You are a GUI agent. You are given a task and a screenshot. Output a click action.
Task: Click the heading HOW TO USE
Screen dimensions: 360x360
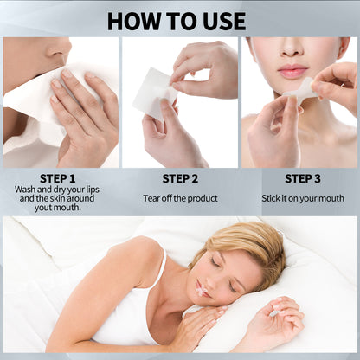point(180,20)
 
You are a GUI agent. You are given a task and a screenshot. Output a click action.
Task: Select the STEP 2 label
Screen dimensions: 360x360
point(180,179)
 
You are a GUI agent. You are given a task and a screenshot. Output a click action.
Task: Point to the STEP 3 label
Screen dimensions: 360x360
point(302,179)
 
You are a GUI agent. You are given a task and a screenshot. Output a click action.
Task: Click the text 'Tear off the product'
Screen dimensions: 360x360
point(180,197)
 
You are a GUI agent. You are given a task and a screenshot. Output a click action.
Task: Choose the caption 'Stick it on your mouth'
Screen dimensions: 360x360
point(303,197)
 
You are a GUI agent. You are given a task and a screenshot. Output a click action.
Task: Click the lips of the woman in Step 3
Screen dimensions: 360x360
point(292,70)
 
